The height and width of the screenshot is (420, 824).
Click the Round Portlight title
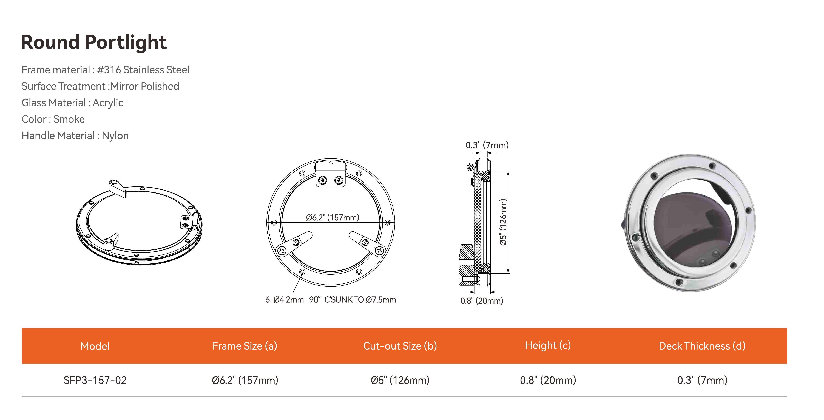[x=94, y=42]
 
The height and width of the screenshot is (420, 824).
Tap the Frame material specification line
[x=105, y=70]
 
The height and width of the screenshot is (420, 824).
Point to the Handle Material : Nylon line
[x=75, y=136]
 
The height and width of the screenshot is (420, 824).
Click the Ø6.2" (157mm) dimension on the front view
[x=333, y=217]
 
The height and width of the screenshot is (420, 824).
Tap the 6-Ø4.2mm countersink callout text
[x=330, y=300]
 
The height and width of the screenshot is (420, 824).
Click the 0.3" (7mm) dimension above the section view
[x=487, y=145]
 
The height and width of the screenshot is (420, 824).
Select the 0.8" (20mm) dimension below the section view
[x=482, y=301]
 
